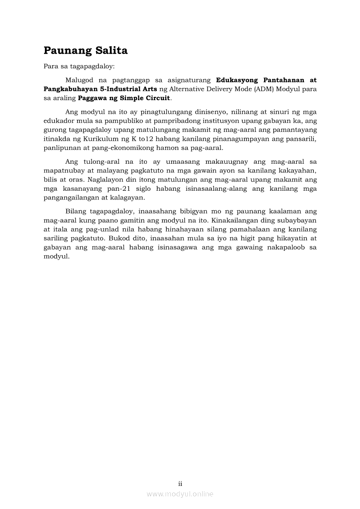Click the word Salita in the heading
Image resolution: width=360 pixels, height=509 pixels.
click(x=111, y=51)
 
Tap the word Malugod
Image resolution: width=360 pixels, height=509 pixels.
click(x=80, y=80)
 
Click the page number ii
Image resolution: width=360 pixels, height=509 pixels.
click(x=180, y=483)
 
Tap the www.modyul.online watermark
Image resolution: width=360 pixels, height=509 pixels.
click(x=180, y=494)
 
